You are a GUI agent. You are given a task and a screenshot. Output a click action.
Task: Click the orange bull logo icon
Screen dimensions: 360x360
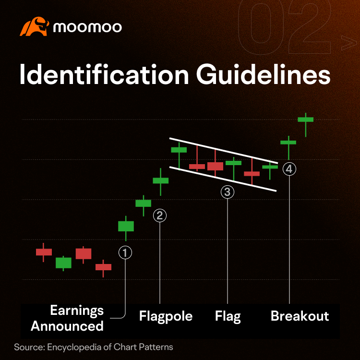click(35, 26)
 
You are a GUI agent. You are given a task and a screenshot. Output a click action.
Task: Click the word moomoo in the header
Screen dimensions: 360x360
click(87, 27)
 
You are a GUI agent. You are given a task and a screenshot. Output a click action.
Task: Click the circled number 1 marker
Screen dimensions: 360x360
click(125, 253)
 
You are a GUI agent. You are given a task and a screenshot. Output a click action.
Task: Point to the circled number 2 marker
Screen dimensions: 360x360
click(160, 216)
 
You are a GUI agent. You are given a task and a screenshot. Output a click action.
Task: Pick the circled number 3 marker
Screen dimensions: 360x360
click(228, 192)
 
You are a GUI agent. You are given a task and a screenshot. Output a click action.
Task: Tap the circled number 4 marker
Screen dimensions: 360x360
click(289, 169)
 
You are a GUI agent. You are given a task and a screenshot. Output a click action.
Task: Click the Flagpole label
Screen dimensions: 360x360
click(166, 316)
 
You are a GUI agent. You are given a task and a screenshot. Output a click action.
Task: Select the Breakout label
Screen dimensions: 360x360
click(300, 316)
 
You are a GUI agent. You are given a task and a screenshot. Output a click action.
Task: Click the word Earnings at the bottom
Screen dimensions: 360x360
click(77, 311)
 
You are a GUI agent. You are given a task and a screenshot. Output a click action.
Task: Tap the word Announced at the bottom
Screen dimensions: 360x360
click(67, 326)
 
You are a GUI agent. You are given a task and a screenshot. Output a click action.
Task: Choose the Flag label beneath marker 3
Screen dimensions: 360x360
click(228, 316)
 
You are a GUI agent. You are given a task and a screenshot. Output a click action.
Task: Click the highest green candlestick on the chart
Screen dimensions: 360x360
click(306, 120)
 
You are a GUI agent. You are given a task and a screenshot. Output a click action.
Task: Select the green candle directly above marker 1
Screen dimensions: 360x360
click(126, 226)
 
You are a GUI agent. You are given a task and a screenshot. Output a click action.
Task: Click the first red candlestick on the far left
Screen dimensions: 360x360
click(44, 252)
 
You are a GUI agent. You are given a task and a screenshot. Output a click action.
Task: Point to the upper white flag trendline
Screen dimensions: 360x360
click(224, 151)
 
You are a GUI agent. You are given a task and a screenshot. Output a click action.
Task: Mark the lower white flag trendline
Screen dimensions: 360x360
click(223, 179)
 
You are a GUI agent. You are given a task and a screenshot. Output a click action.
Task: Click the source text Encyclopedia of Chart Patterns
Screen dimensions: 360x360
click(110, 347)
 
